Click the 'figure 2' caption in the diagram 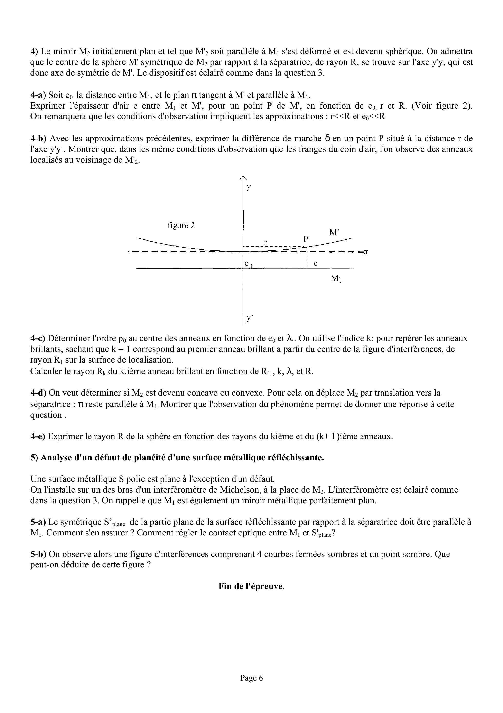click(181, 226)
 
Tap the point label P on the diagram click(306, 239)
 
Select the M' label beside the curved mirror click(334, 232)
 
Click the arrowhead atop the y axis click(243, 178)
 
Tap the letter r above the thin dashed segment click(265, 242)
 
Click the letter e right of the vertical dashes click(315, 263)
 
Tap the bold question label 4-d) click(38, 393)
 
